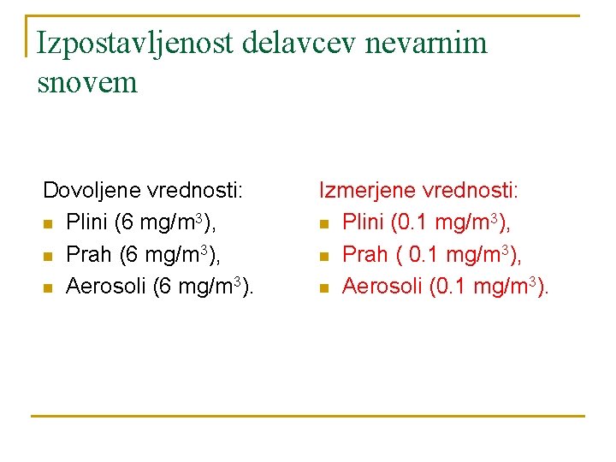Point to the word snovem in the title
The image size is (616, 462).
point(87,82)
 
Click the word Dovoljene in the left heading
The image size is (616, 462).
point(92,189)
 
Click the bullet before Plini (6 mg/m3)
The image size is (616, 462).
point(48,224)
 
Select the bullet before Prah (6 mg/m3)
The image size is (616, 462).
point(48,257)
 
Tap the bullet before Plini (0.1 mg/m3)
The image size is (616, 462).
point(324,224)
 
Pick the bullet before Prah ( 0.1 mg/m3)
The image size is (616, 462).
point(324,257)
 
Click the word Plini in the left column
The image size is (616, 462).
point(86,222)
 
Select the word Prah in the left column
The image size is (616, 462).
point(86,254)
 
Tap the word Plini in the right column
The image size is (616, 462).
point(362,222)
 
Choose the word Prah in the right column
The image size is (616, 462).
point(363,254)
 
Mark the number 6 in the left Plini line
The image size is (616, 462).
point(127,222)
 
